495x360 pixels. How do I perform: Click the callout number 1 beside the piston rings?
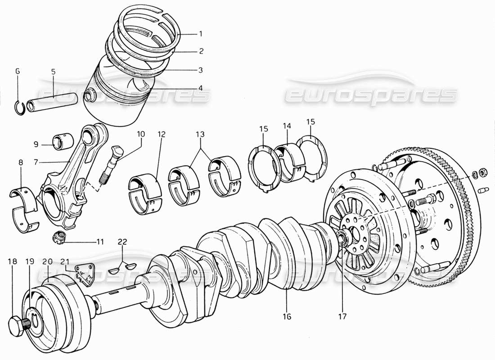point(201,34)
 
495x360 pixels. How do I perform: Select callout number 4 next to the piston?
point(201,88)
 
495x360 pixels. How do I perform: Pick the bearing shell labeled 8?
point(23,207)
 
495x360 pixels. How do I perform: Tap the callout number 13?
point(200,135)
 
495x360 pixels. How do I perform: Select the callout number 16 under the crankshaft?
point(287,317)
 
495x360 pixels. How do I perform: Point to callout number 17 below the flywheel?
point(343,317)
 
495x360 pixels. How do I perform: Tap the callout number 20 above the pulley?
point(47,261)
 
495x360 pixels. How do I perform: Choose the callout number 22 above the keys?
point(122,242)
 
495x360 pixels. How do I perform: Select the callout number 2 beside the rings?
point(201,52)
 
